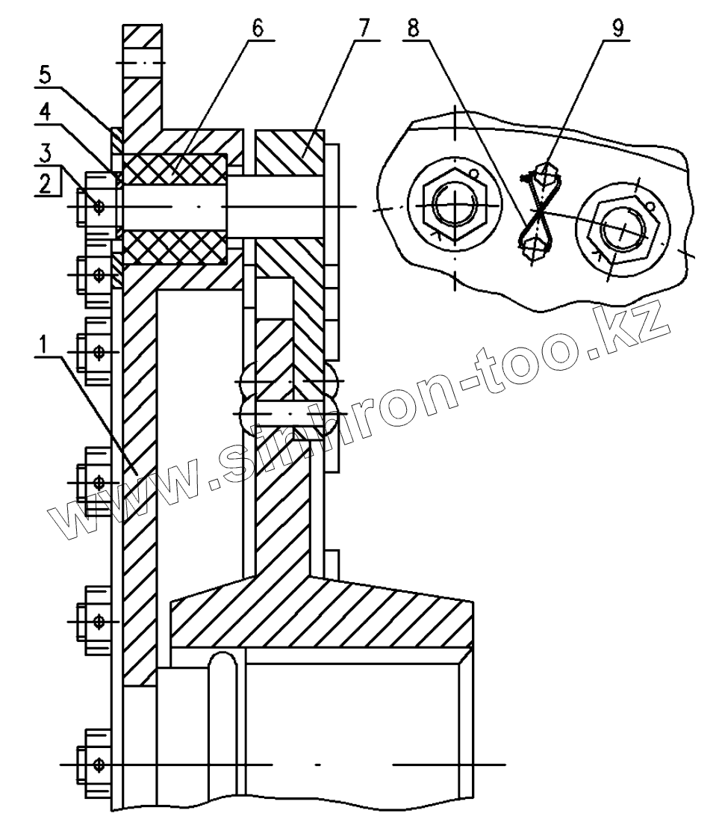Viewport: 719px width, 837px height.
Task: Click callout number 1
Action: click(x=44, y=345)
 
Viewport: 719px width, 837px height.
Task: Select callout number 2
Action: click(x=46, y=183)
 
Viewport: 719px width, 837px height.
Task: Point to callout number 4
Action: click(x=46, y=113)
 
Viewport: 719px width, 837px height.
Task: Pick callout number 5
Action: click(x=46, y=75)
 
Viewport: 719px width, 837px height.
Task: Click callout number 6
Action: click(x=258, y=28)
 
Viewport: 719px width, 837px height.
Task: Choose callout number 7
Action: click(x=364, y=28)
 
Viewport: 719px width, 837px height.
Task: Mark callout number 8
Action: click(x=414, y=28)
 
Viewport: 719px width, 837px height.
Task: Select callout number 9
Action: click(x=617, y=28)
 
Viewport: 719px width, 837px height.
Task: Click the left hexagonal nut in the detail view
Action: click(x=454, y=206)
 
